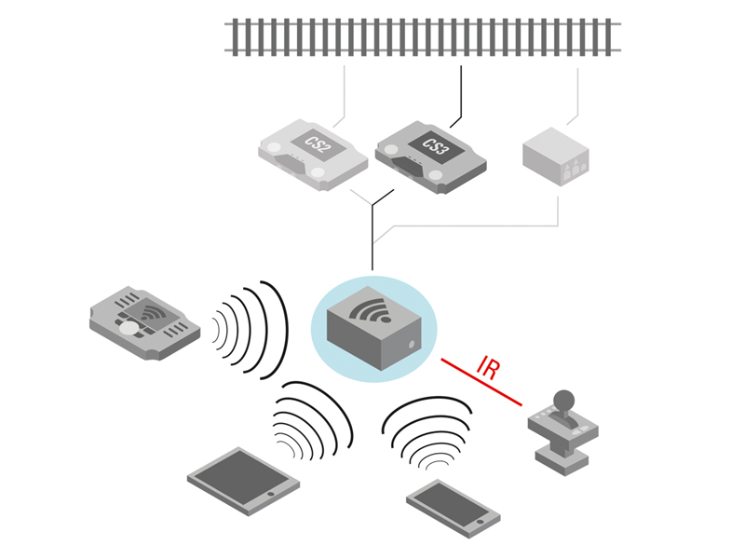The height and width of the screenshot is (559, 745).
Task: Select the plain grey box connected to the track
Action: (555, 157)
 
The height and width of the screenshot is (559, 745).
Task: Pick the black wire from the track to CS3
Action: (461, 93)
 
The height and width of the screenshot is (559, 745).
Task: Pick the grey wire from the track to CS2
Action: (345, 93)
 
